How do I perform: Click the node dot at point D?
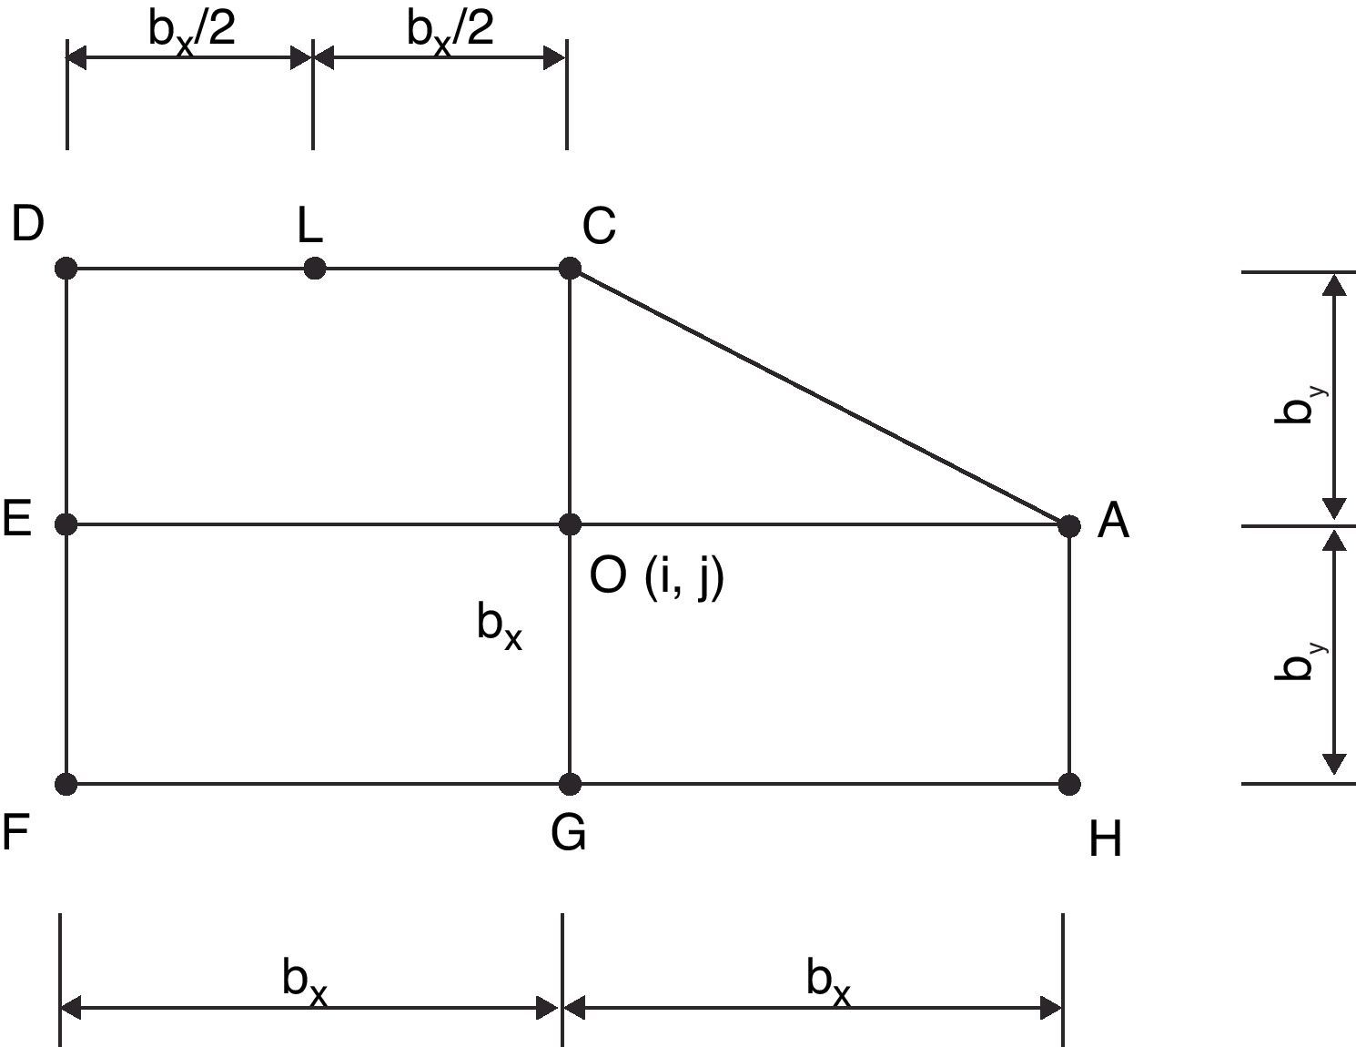coord(66,269)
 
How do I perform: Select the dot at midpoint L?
coord(314,269)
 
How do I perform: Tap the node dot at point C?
coord(570,269)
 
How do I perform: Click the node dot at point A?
coord(1069,525)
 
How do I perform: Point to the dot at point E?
coord(66,524)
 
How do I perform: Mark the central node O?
coord(570,524)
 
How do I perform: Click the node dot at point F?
coord(66,783)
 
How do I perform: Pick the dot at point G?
coord(570,783)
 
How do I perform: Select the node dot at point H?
coord(1069,783)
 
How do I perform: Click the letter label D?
coord(28,224)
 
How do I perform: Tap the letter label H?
coord(1105,839)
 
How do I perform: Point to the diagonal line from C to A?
coord(819,397)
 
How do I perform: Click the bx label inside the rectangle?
coord(499,626)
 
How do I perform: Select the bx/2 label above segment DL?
coord(192,32)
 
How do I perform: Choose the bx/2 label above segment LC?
coord(450,32)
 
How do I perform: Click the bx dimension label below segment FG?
coord(304,982)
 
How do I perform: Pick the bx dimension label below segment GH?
coord(828,982)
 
